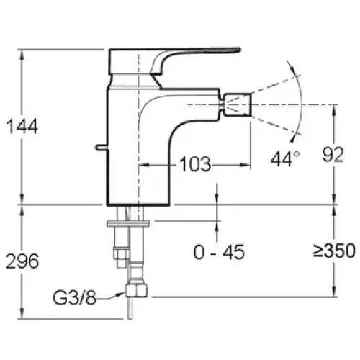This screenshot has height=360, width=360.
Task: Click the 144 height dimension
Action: click(22, 126)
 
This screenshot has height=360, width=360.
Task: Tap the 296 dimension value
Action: click(22, 261)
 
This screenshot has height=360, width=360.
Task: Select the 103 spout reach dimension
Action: click(195, 164)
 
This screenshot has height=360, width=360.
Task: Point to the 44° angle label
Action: click(285, 158)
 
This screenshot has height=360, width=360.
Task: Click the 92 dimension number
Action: click(333, 155)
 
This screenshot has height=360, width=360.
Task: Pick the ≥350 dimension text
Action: click(334, 251)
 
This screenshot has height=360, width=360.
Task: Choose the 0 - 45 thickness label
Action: click(219, 252)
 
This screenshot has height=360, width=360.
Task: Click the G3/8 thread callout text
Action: click(74, 298)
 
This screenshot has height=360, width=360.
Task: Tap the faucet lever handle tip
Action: click(238, 49)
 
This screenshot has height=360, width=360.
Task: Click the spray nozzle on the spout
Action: click(238, 104)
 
